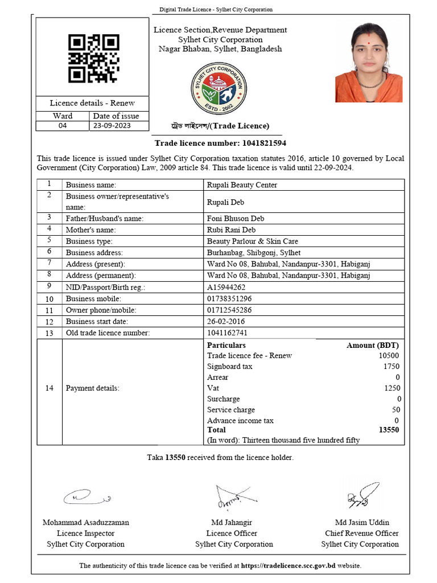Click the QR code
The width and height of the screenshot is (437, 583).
click(94, 58)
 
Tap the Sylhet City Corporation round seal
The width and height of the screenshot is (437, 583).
click(218, 88)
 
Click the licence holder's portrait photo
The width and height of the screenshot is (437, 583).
click(369, 62)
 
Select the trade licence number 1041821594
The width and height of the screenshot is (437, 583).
click(256, 143)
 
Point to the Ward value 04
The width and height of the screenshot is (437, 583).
click(63, 126)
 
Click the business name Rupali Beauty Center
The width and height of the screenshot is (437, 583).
click(242, 185)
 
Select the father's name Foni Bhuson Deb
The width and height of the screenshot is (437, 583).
click(236, 218)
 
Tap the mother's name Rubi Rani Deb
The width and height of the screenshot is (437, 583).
click(231, 230)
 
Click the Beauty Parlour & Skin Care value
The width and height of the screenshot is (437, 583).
click(252, 241)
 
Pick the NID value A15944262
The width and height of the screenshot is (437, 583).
click(226, 288)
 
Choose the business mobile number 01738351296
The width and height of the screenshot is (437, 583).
click(229, 299)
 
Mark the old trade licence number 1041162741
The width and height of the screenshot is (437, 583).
click(227, 333)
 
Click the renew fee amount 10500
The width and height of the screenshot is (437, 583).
click(389, 356)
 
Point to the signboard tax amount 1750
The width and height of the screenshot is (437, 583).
click(391, 367)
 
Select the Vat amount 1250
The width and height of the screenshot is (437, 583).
click(391, 388)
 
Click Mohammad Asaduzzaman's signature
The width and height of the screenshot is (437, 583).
click(85, 497)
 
